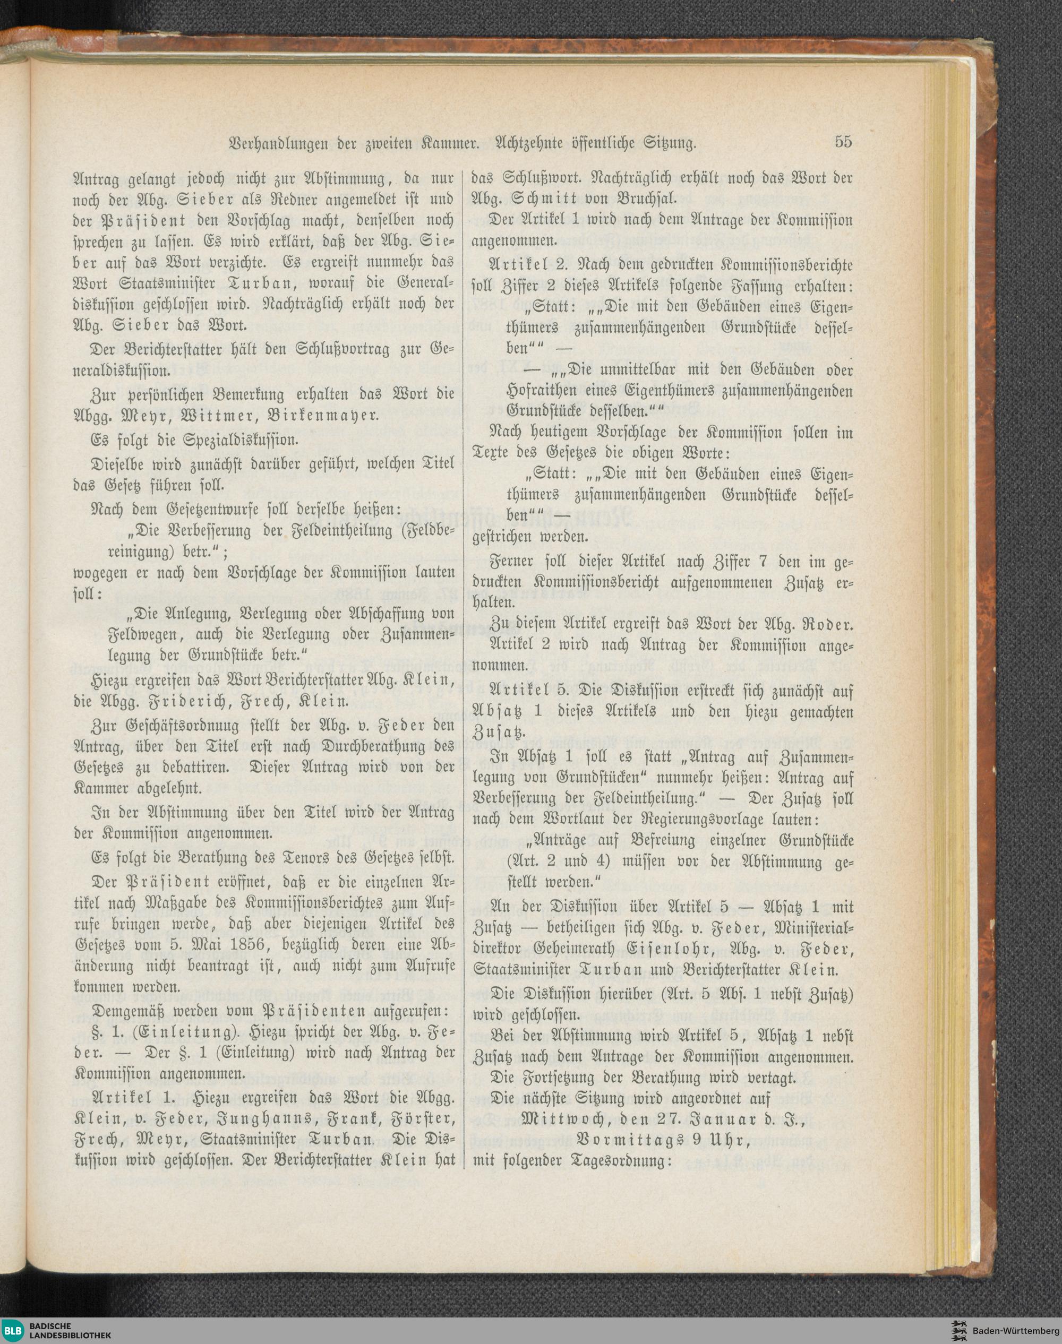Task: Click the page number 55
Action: tap(843, 142)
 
